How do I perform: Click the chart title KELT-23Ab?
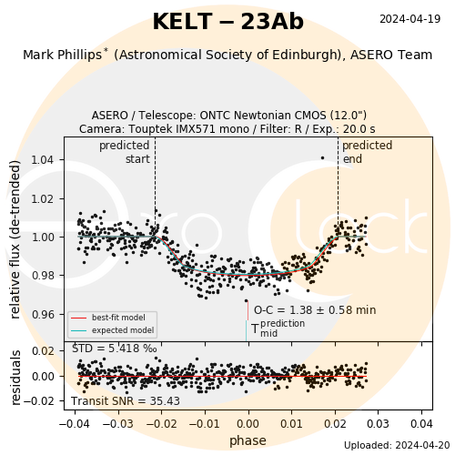click(227, 22)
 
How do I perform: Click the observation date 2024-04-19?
click(409, 19)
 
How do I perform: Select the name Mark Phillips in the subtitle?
click(63, 55)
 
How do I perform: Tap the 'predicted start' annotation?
click(125, 152)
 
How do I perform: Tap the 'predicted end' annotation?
click(367, 152)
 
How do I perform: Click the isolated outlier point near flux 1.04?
click(322, 158)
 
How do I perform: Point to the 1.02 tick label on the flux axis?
click(44, 199)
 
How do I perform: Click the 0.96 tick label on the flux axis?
click(44, 315)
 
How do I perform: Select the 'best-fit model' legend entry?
click(108, 318)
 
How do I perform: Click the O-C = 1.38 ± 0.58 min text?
click(315, 310)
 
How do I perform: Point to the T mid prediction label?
click(278, 329)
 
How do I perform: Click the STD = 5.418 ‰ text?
click(115, 349)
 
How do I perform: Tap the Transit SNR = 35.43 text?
click(126, 401)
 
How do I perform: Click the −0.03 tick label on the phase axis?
click(118, 423)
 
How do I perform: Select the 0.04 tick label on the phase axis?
click(421, 423)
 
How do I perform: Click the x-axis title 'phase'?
click(248, 440)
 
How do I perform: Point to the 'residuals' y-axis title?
click(15, 378)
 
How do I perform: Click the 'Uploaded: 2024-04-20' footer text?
click(397, 445)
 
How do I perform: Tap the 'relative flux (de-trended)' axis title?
click(15, 239)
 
